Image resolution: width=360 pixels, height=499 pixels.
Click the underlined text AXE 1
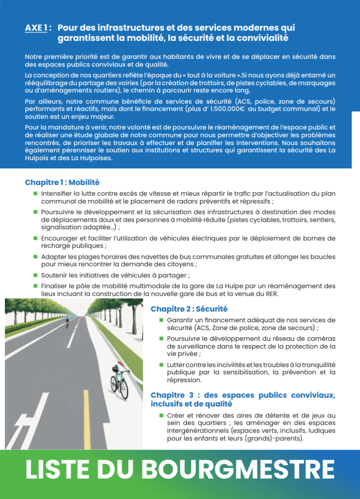pyautogui.click(x=36, y=28)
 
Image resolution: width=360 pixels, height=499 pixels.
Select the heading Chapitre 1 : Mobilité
pyautogui.click(x=62, y=183)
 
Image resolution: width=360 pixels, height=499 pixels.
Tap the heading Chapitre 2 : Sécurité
pyautogui.click(x=189, y=309)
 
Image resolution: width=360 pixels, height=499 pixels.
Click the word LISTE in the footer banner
pyautogui.click(x=58, y=469)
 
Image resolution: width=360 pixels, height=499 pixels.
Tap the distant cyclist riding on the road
pyautogui.click(x=67, y=321)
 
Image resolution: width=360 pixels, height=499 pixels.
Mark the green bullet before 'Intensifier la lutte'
pyautogui.click(x=36, y=193)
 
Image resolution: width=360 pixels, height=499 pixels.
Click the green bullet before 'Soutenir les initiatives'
pyautogui.click(x=36, y=275)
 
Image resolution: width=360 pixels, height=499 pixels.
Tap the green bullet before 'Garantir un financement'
pyautogui.click(x=161, y=320)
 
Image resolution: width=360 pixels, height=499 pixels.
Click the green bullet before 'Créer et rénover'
pyautogui.click(x=161, y=415)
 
